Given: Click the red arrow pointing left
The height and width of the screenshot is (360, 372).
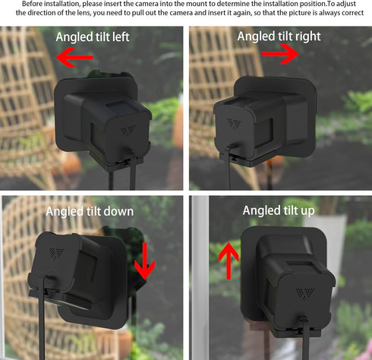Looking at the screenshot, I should [76, 56].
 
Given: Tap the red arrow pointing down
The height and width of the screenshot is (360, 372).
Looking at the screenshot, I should [144, 260].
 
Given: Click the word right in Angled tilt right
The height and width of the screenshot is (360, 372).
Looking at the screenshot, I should [306, 36].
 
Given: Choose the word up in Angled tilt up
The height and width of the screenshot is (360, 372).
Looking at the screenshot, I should [304, 210].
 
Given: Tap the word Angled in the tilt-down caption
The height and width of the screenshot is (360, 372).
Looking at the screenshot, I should [65, 211].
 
